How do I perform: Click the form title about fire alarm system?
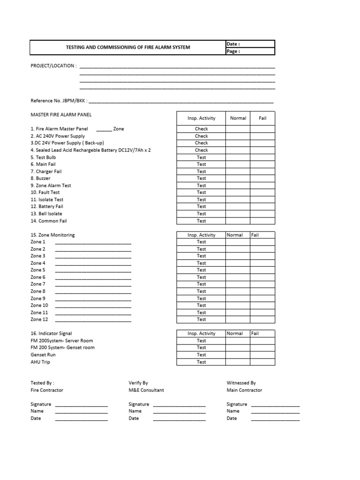tap(127, 47)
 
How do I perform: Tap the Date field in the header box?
tap(250, 44)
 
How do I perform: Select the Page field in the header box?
tap(250, 52)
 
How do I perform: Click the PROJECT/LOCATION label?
tap(53, 66)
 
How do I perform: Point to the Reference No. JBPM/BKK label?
tap(59, 101)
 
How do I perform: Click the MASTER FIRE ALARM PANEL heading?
tap(61, 114)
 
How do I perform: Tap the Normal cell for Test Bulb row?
tap(238, 157)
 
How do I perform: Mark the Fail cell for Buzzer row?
tap(262, 179)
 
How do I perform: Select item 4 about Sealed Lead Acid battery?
tap(90, 150)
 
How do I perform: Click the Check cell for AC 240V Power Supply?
tap(201, 136)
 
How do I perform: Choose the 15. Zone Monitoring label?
tap(52, 235)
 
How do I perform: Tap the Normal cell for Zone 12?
tap(238, 320)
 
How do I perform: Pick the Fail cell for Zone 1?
tap(262, 242)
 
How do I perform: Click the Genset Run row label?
tap(43, 355)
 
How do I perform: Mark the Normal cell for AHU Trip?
tap(238, 362)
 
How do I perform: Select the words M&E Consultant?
tap(146, 390)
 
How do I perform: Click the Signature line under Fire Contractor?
tap(81, 405)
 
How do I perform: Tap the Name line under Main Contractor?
tap(275, 412)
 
